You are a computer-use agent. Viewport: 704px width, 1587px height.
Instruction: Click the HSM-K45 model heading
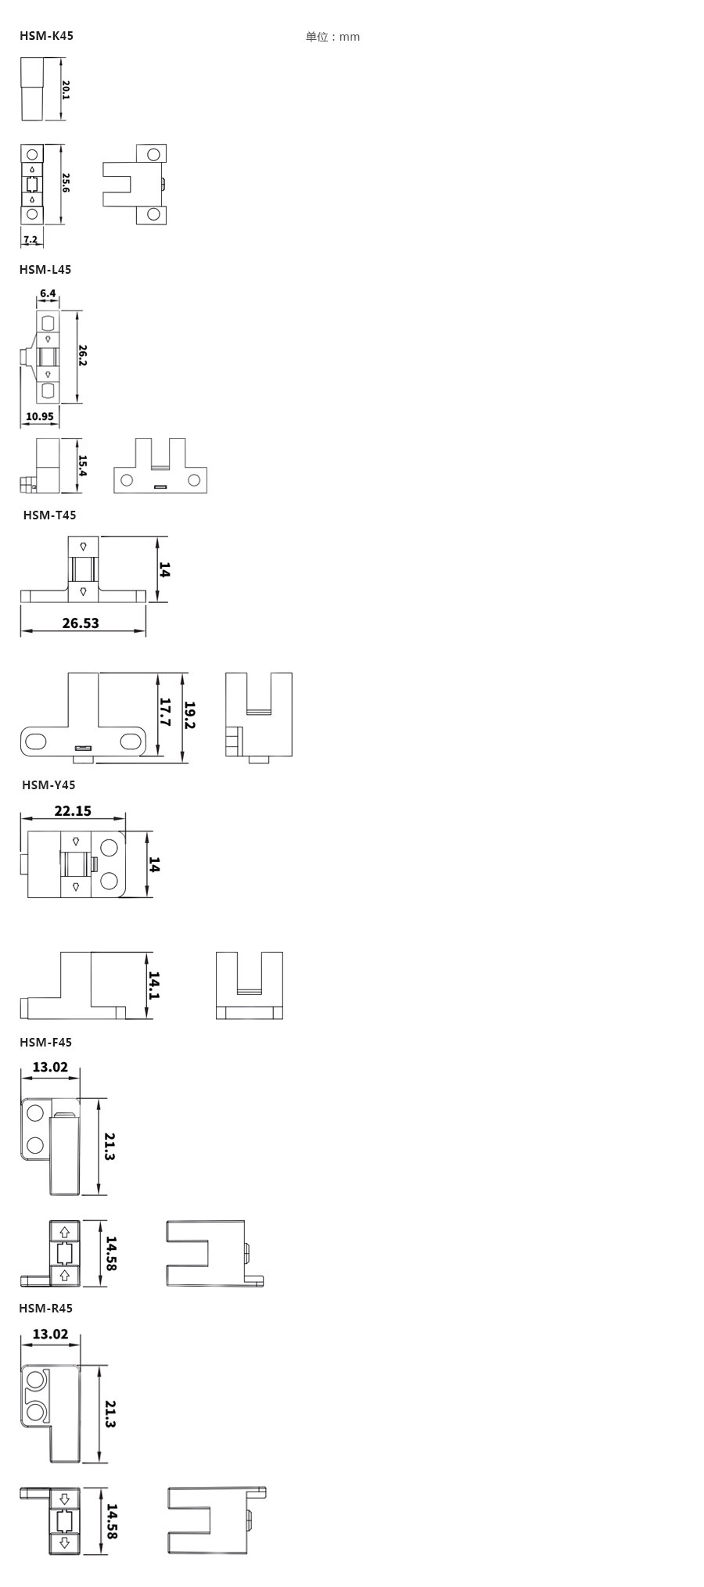tap(46, 36)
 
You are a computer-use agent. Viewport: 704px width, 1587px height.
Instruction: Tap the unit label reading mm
tap(333, 37)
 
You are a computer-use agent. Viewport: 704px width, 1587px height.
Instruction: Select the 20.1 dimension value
tap(66, 89)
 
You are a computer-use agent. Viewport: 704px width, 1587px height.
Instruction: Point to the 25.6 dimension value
tap(66, 184)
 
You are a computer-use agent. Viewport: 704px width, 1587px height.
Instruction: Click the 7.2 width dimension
tap(31, 239)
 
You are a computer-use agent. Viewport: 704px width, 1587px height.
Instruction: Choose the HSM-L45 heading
tap(45, 270)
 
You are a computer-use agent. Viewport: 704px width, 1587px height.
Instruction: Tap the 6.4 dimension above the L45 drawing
tap(48, 293)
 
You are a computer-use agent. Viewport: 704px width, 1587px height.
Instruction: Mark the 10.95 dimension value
tap(40, 416)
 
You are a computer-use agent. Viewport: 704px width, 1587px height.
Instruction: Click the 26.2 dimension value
tap(82, 356)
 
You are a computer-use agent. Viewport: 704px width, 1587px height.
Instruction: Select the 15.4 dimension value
tap(82, 466)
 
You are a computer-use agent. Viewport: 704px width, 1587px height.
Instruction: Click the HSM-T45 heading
tap(49, 515)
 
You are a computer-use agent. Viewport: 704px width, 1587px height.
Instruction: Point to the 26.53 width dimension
tap(81, 623)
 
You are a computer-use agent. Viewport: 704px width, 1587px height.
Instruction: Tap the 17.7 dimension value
tap(164, 713)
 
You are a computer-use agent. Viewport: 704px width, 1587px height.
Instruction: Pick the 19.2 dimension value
tap(189, 715)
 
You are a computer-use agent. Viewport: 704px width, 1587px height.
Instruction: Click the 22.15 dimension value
tap(73, 811)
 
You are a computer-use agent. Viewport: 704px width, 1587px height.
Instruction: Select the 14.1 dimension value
tap(154, 986)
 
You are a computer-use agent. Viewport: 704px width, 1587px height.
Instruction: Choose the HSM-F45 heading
tap(45, 1043)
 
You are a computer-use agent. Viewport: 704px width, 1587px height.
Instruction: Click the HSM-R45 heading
tap(45, 1309)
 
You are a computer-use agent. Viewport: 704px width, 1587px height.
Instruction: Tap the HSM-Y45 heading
tap(48, 785)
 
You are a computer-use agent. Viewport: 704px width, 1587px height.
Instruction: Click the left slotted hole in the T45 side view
tap(36, 740)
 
